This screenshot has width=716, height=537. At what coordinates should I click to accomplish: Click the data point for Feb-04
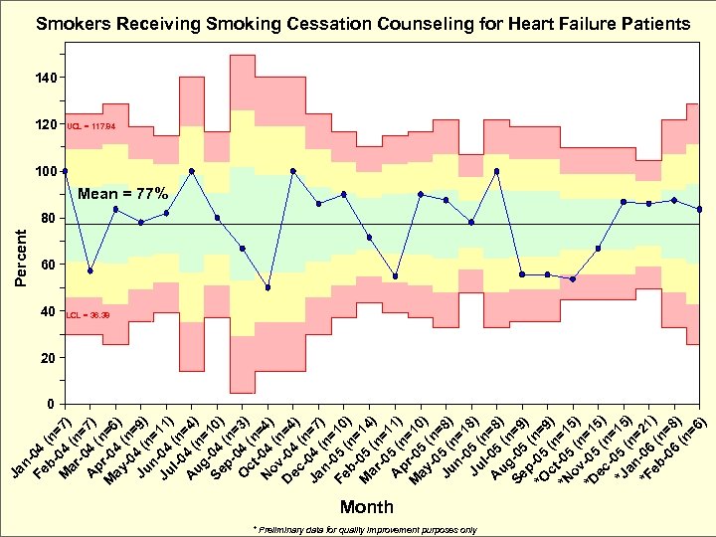(x=90, y=270)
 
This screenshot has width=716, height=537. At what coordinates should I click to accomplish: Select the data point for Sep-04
(x=243, y=248)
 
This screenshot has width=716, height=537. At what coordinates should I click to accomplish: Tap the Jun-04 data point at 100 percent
(x=192, y=171)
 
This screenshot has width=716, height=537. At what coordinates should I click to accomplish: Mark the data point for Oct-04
(x=268, y=287)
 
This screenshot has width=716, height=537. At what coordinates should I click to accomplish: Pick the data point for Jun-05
(x=471, y=222)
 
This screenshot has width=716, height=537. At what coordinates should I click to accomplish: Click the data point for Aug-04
(x=218, y=218)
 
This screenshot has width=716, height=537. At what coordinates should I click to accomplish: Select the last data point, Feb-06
(x=700, y=209)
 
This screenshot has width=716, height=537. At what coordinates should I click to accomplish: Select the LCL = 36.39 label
(x=89, y=314)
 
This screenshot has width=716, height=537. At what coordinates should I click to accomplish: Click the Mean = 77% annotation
(x=122, y=193)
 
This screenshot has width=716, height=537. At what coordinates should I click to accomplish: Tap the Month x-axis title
(x=367, y=507)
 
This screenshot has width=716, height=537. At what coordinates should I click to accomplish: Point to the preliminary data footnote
(x=365, y=529)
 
